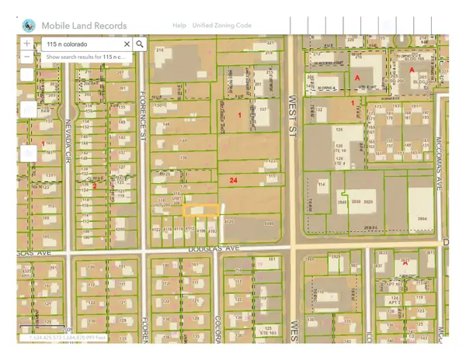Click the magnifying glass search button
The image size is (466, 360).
[140, 44]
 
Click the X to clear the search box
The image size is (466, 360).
[127, 44]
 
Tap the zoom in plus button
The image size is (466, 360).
[27, 44]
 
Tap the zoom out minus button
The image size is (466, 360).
[27, 57]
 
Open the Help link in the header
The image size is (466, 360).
[179, 26]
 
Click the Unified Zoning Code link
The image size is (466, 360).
[221, 26]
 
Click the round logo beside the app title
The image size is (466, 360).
[29, 25]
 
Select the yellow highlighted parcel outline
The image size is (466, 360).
[202, 210]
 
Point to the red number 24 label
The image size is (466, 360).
[233, 180]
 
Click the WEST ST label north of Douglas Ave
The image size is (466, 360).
[294, 109]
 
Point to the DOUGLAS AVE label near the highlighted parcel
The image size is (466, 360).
[210, 251]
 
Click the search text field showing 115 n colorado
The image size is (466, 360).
[81, 44]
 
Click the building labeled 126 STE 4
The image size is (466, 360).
[339, 161]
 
